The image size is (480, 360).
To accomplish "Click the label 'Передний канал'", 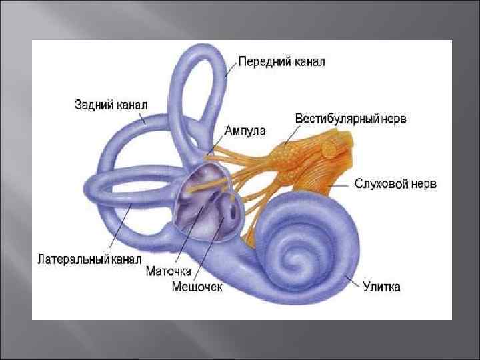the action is pyautogui.click(x=281, y=62).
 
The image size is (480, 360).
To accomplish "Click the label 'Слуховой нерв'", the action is pyautogui.click(x=395, y=183).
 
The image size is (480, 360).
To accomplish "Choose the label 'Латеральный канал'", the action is pyautogui.click(x=91, y=257).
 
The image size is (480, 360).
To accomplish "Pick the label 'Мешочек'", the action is pyautogui.click(x=198, y=287).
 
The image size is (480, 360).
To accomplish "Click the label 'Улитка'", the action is pyautogui.click(x=381, y=287).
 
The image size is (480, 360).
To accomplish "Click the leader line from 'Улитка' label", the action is pyautogui.click(x=351, y=281).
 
